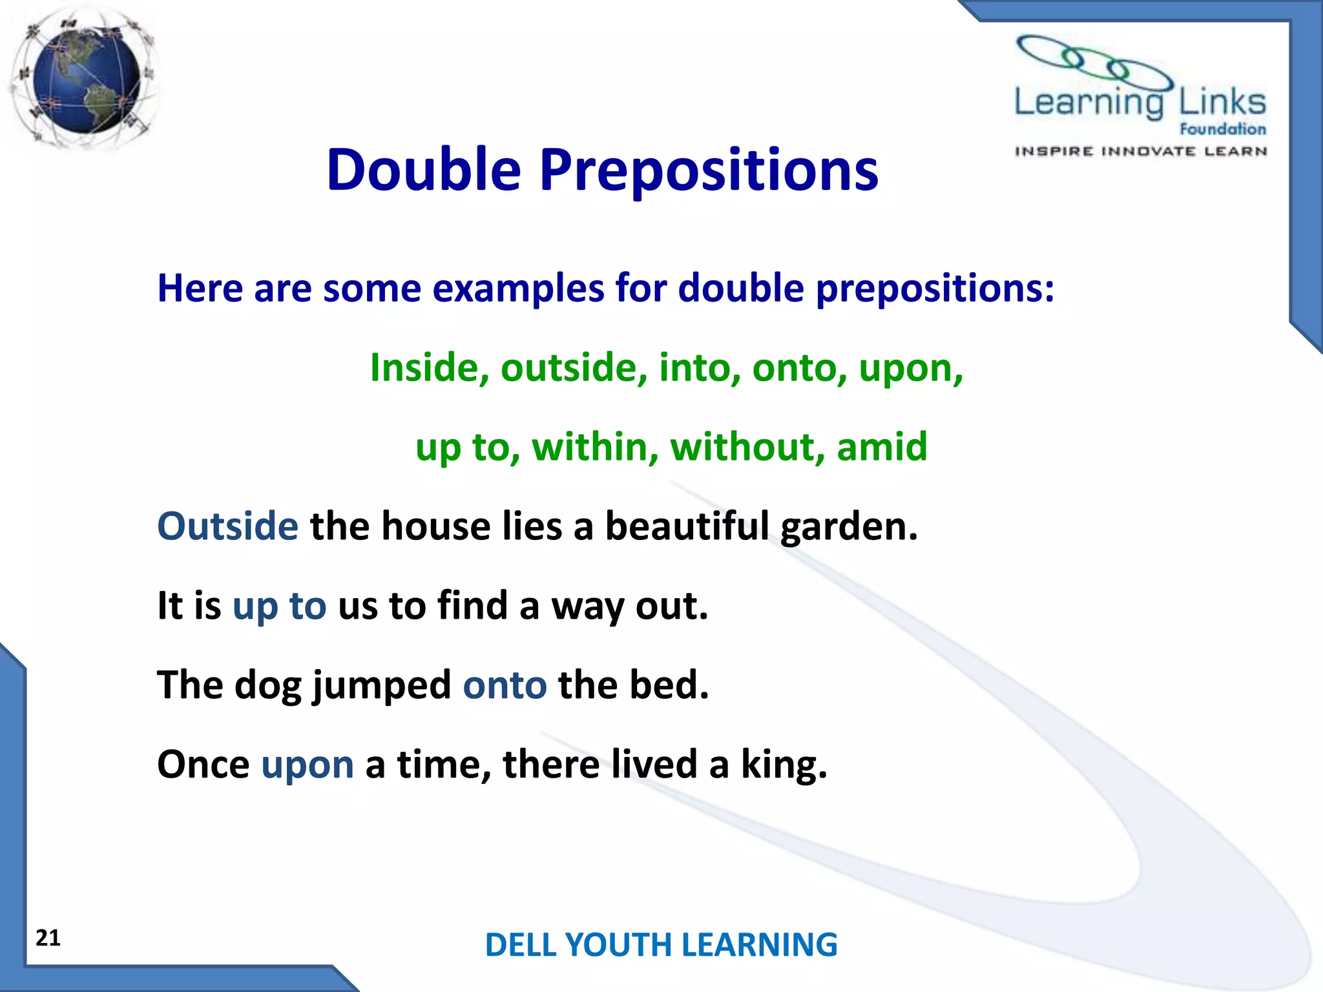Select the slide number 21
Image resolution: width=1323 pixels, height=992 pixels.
pyautogui.click(x=48, y=938)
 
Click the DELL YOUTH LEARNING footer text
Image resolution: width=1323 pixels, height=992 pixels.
pyautogui.click(x=661, y=945)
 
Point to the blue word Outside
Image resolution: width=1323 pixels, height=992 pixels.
pyautogui.click(x=227, y=526)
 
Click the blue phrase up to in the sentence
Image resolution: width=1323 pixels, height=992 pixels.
pyautogui.click(x=279, y=606)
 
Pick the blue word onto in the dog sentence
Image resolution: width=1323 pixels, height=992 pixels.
pyautogui.click(x=505, y=685)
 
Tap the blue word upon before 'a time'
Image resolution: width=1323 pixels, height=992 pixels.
pyautogui.click(x=307, y=765)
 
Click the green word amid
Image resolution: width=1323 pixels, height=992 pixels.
pyautogui.click(x=881, y=447)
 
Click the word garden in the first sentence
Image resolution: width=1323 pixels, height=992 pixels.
pyautogui.click(x=848, y=527)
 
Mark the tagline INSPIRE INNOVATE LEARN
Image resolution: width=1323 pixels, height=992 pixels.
pyautogui.click(x=1141, y=151)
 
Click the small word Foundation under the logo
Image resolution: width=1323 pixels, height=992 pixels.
pyautogui.click(x=1222, y=129)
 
